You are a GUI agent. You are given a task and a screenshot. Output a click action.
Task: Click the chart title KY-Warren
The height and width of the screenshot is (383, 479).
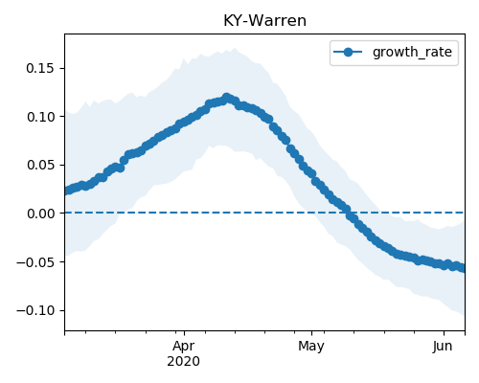[x=264, y=21]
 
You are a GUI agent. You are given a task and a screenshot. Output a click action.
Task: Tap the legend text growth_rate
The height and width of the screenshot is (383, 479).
[x=412, y=52]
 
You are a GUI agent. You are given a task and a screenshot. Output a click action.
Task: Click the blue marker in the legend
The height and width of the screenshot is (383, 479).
[x=348, y=52]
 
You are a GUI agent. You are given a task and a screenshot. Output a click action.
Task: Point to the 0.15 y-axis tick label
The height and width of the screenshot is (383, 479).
[x=40, y=68]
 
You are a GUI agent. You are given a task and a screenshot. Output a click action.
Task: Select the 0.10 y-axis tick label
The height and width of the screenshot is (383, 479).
[x=40, y=117]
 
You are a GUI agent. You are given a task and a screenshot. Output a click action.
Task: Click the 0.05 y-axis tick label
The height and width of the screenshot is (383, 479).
[x=40, y=165]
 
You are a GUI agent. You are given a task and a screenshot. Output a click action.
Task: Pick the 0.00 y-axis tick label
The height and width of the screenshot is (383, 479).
[x=40, y=214]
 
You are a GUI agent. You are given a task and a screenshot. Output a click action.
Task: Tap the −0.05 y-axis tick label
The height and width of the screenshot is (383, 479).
[x=35, y=262]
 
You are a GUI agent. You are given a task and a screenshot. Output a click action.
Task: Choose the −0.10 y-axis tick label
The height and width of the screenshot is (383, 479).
[x=35, y=310]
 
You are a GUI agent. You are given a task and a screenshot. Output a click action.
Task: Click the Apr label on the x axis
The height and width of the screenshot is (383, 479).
[x=184, y=347]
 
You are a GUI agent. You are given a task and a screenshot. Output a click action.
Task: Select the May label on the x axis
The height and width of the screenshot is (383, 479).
[x=311, y=347]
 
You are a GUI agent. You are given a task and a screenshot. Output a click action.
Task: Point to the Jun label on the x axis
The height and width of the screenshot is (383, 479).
[x=443, y=347]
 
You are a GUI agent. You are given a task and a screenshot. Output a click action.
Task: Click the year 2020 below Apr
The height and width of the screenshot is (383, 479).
[x=184, y=362]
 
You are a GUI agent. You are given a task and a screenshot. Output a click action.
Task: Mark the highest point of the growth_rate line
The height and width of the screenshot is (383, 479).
[x=226, y=97]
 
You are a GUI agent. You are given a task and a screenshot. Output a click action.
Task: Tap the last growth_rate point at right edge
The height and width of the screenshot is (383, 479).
[x=463, y=268]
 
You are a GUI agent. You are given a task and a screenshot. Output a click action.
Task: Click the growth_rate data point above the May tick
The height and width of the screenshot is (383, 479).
[x=312, y=174]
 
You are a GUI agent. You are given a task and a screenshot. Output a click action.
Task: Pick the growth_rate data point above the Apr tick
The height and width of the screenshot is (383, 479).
[x=184, y=123]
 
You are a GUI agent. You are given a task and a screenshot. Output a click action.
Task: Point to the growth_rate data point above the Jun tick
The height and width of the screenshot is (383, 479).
[x=444, y=265]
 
